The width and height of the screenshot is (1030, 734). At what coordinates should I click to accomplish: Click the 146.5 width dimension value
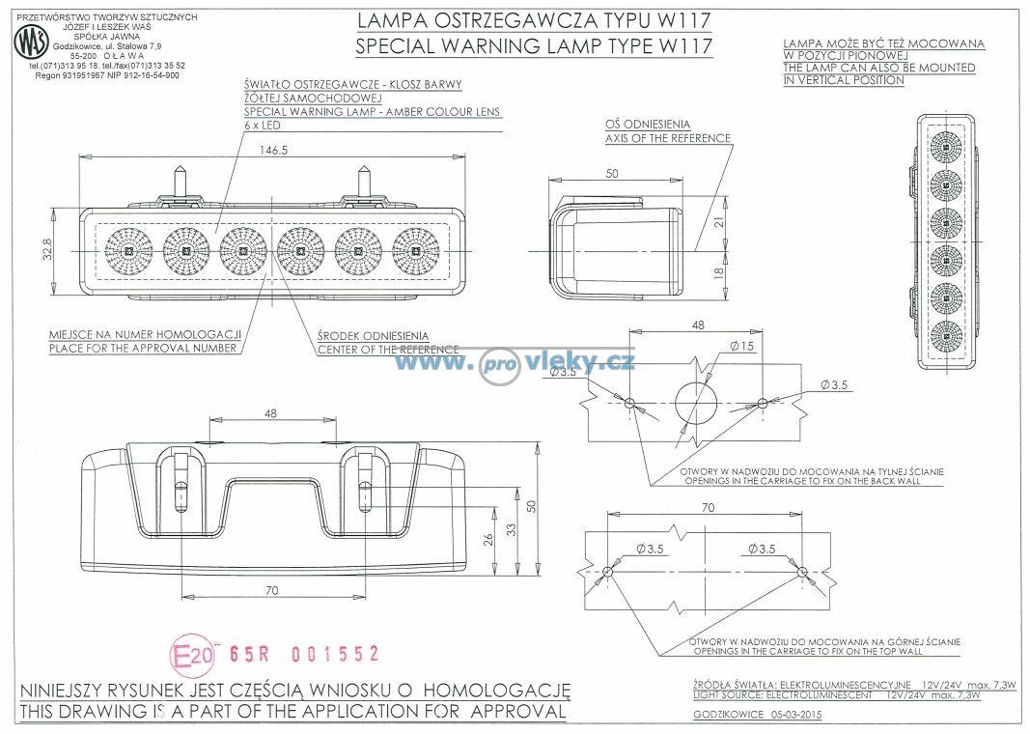273,151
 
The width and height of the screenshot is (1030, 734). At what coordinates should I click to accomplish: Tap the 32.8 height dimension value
47,250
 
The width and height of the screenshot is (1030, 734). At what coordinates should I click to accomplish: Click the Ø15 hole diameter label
742,346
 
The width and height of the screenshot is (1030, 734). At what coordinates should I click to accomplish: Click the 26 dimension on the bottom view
488,540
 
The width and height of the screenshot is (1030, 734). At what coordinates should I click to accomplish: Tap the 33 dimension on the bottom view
511,528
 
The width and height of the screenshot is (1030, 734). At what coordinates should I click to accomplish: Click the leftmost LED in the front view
128,250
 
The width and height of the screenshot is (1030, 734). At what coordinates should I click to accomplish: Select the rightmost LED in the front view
416,250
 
